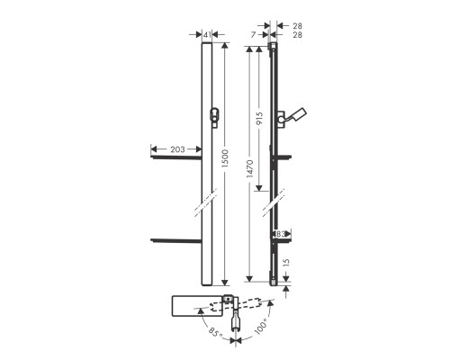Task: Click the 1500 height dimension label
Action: (x=225, y=158)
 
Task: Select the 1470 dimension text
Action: (x=249, y=168)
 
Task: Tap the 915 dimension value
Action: (x=259, y=118)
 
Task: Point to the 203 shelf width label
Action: (x=177, y=149)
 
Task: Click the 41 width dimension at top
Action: (x=207, y=35)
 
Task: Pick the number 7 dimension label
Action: (x=254, y=35)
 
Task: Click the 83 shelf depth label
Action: (x=280, y=234)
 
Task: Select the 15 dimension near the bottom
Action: (x=286, y=263)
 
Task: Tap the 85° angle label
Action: (x=216, y=333)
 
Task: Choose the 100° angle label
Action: (x=260, y=327)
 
